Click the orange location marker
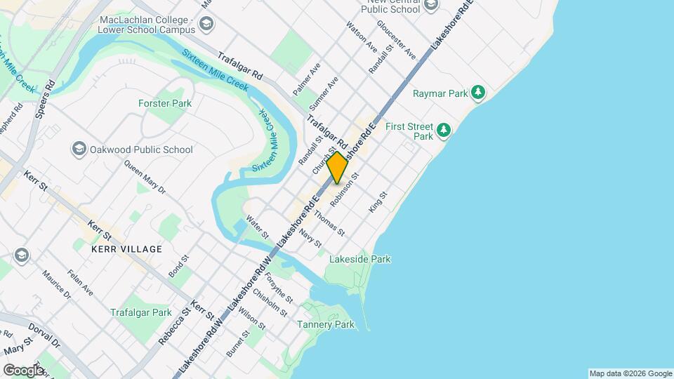point(337,167)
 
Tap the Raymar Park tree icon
point(478,93)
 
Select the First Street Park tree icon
point(443,129)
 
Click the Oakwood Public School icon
point(79,149)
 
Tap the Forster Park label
point(165,103)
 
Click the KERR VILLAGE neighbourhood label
point(126,249)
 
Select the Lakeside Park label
point(362,259)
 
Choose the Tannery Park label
point(326,324)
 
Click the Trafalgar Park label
point(140,312)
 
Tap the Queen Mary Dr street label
point(145,178)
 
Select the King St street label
point(378,202)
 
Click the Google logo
point(24,370)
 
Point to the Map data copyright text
point(630,373)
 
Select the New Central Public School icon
point(431,6)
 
